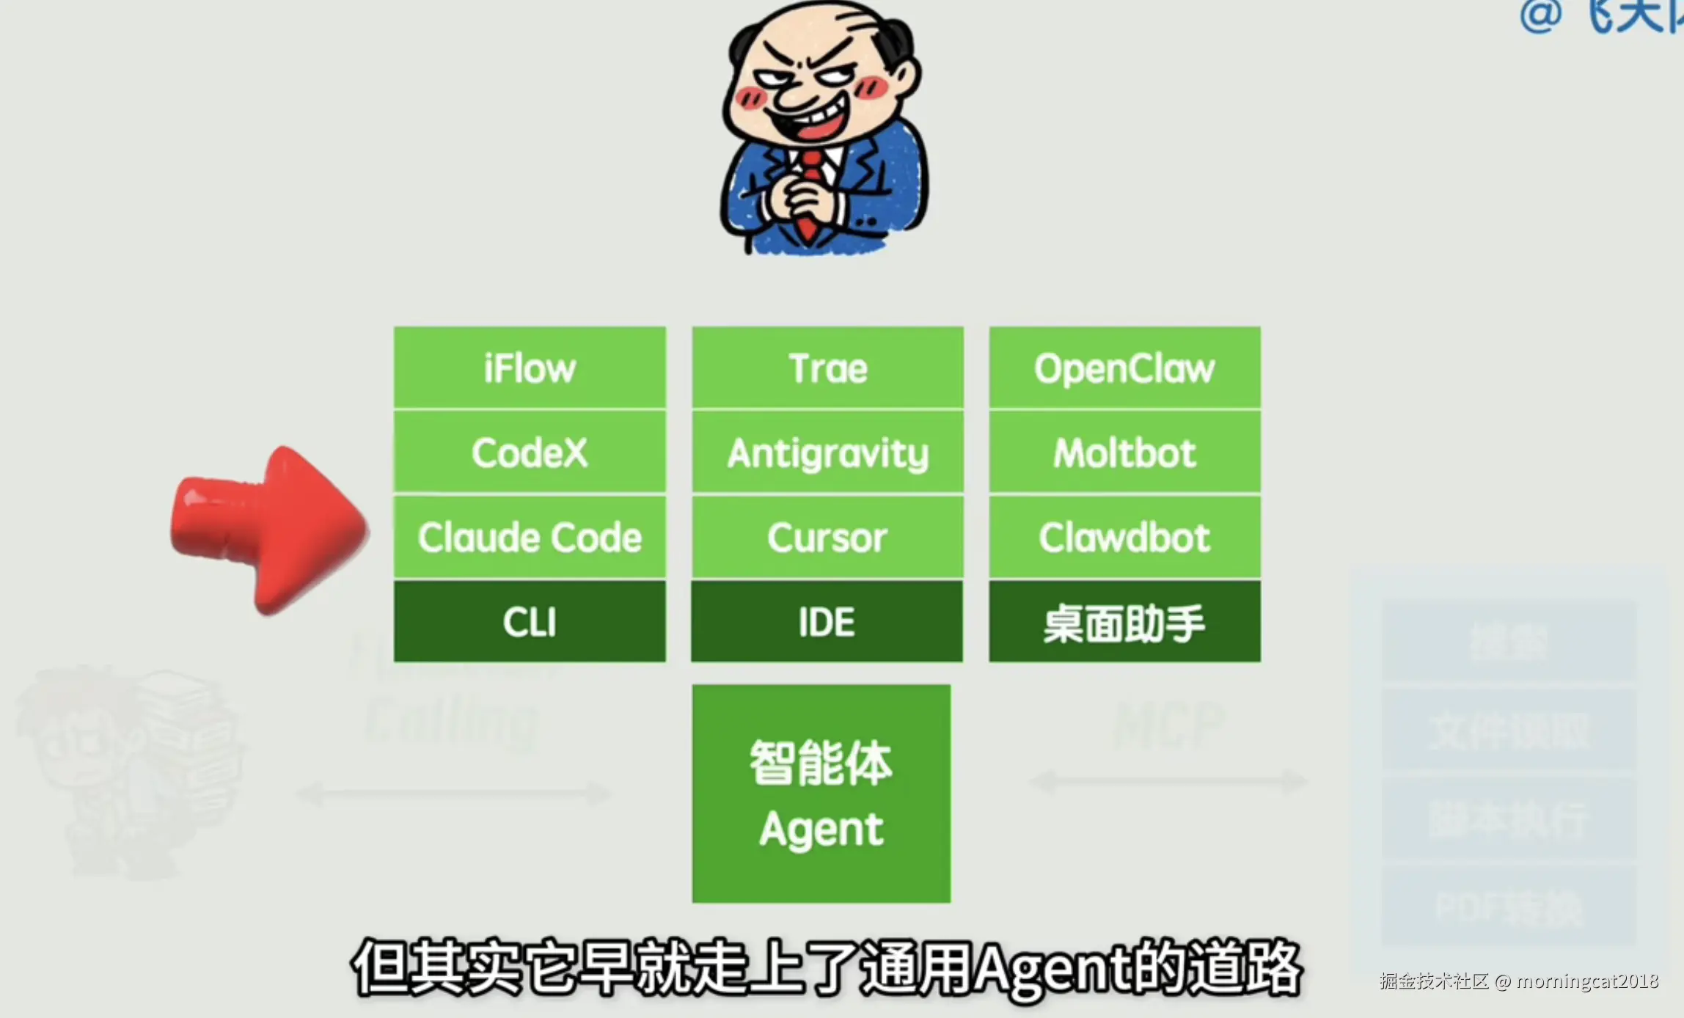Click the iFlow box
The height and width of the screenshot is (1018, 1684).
click(x=530, y=367)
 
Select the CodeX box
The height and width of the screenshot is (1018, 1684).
click(x=530, y=452)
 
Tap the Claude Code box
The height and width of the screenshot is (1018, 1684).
click(x=530, y=537)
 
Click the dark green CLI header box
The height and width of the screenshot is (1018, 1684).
click(x=530, y=622)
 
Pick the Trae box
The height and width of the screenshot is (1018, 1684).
click(x=827, y=367)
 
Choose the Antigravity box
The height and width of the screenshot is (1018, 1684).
click(x=827, y=452)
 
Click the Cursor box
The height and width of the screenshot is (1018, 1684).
click(x=827, y=537)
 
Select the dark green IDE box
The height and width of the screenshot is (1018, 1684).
click(x=827, y=622)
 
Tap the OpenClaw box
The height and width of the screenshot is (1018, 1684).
click(x=1124, y=367)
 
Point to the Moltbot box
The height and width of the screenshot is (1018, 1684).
click(x=1124, y=452)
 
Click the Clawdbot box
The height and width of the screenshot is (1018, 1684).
click(x=1124, y=537)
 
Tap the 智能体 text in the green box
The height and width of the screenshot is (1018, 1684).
click(x=821, y=763)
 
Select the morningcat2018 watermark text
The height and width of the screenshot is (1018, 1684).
click(x=1587, y=981)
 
